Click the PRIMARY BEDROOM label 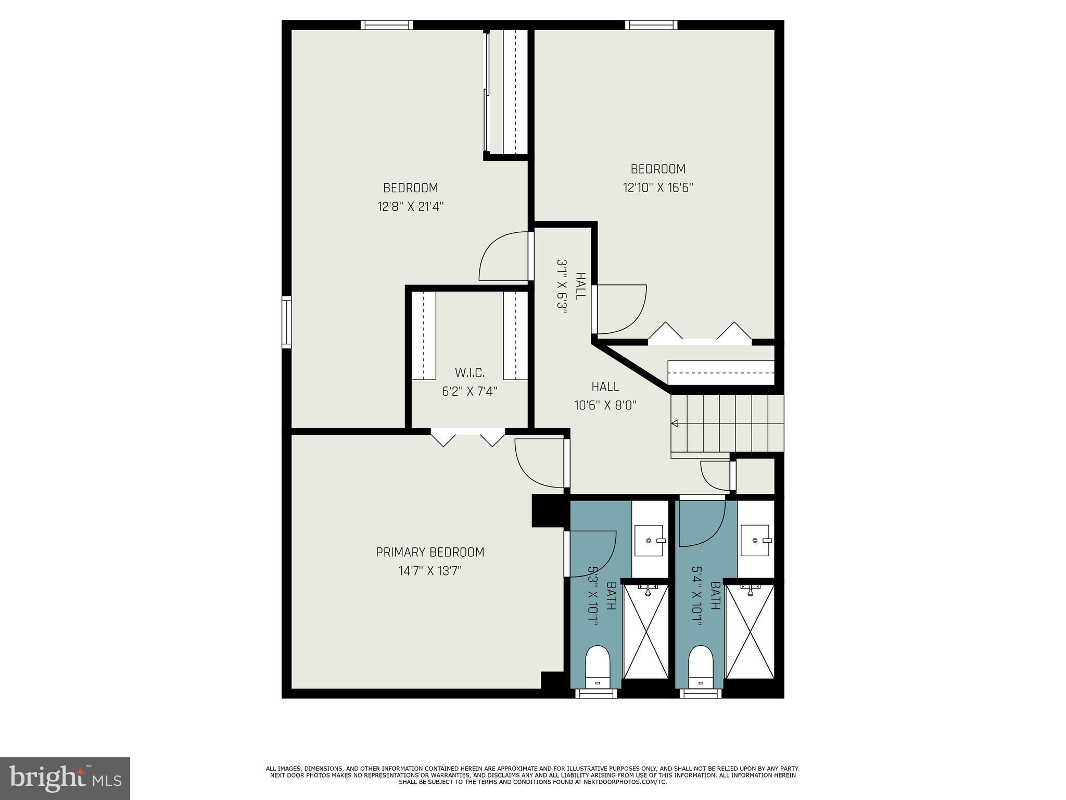click(430, 552)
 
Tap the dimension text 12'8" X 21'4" click(411, 207)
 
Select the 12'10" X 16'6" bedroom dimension click(658, 187)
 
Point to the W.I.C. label click(469, 373)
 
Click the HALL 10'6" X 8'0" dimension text click(605, 405)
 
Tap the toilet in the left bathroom click(597, 667)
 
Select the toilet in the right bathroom click(700, 667)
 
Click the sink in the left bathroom click(649, 541)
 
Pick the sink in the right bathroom click(755, 541)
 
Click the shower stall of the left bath click(645, 631)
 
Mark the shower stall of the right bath click(750, 631)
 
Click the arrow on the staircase click(675, 423)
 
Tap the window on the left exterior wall click(286, 322)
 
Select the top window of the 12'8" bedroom click(387, 25)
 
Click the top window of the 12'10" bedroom click(651, 25)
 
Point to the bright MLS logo click(65, 778)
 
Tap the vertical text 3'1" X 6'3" click(562, 285)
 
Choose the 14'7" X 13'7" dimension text click(430, 571)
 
